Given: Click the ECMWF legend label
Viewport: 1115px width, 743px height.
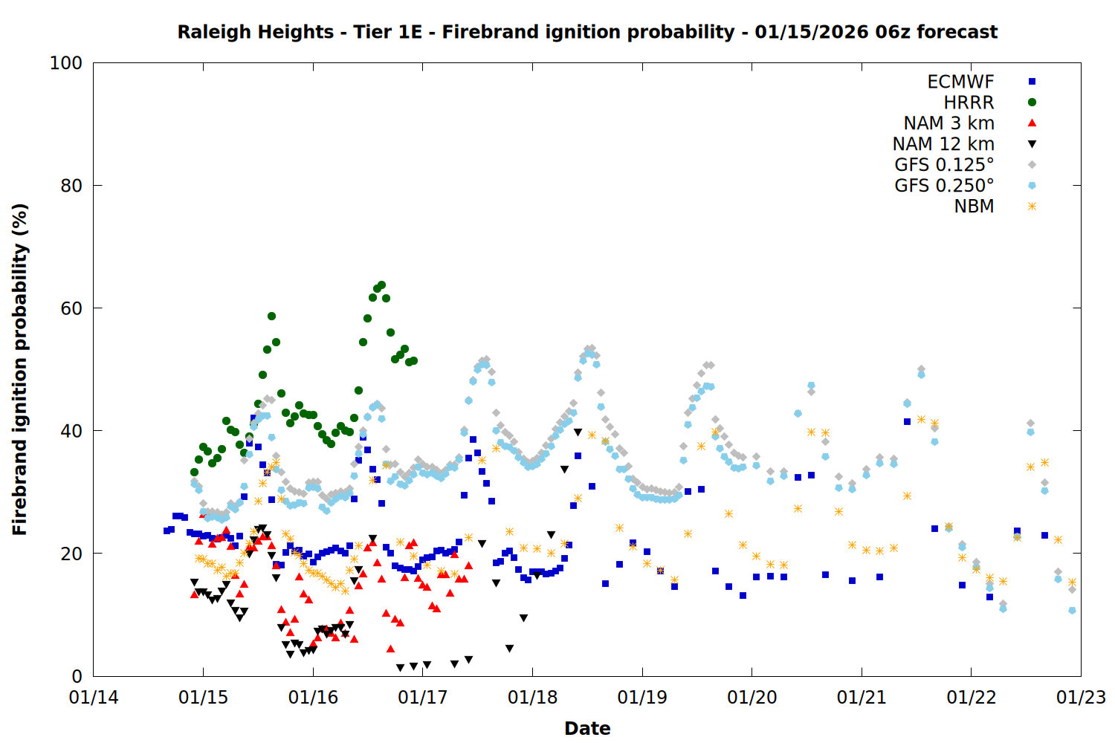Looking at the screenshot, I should [x=960, y=82].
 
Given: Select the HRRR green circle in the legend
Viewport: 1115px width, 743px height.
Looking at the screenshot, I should [x=1032, y=103].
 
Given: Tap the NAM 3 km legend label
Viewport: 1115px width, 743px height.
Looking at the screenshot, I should [x=948, y=123].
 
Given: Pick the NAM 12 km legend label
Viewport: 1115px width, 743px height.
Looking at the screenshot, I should [x=943, y=144].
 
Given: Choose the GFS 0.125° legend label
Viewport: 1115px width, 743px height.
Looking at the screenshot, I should [x=944, y=165].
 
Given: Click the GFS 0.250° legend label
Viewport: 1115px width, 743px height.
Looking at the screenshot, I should [x=944, y=186].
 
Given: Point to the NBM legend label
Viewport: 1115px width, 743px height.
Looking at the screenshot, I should [x=974, y=207].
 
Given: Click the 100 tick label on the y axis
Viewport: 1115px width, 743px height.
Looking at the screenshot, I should [x=66, y=63].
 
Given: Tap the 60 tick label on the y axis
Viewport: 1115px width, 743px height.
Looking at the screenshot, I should [x=71, y=308].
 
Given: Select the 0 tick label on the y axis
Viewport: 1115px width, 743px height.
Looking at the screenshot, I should [x=77, y=676].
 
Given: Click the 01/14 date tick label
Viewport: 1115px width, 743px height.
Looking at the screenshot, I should [x=94, y=698].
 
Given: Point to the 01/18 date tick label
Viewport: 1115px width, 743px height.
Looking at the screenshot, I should [x=532, y=698].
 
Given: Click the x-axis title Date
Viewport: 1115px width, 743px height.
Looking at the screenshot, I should [x=587, y=728].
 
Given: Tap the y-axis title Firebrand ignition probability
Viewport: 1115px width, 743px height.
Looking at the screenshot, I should [x=19, y=369].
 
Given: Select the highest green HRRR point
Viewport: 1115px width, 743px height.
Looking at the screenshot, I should [x=381, y=285].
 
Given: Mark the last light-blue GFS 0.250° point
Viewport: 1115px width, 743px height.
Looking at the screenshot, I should [x=1072, y=610].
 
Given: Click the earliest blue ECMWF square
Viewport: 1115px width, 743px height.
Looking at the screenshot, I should [x=167, y=531].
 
